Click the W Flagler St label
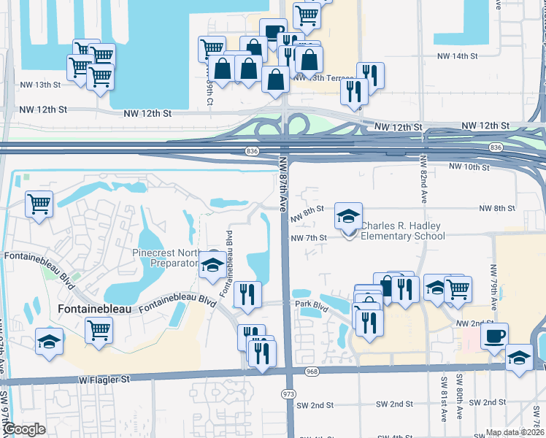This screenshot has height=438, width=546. point(104,380)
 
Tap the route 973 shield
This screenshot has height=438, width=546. point(288,393)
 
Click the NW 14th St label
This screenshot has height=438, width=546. point(457,55)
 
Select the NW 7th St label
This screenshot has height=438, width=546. point(307,237)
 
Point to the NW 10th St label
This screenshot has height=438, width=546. point(469,167)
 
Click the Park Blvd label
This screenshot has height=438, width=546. point(308,303)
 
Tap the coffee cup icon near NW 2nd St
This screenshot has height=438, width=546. point(495,336)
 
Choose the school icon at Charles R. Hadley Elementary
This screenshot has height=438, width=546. point(348,215)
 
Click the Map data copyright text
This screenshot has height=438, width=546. point(515,432)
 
